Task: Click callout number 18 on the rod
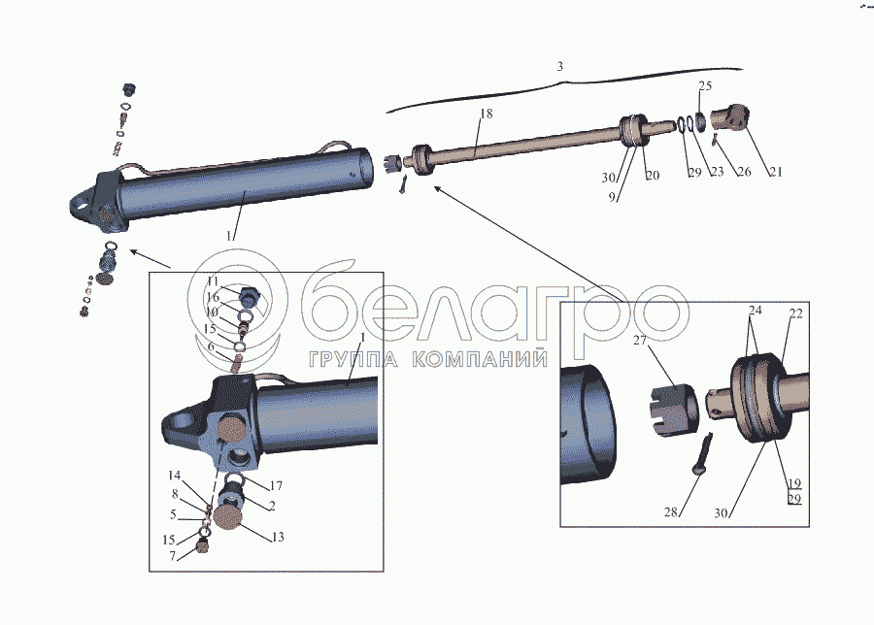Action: [x=487, y=114]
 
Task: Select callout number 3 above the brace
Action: [x=559, y=67]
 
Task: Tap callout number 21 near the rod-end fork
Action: [x=776, y=172]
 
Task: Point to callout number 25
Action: [x=705, y=85]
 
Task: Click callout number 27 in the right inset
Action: [x=639, y=340]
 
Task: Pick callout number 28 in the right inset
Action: [x=670, y=511]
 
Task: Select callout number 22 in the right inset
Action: [x=796, y=313]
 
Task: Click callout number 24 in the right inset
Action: [x=755, y=310]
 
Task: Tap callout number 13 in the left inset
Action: [x=278, y=537]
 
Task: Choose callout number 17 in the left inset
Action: [x=276, y=486]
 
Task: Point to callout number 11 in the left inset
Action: [x=213, y=281]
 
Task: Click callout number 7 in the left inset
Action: [x=172, y=556]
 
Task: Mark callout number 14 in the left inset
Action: [x=175, y=476]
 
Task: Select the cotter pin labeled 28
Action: [x=702, y=454]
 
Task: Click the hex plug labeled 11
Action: [x=250, y=296]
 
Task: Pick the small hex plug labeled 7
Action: [x=203, y=549]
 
